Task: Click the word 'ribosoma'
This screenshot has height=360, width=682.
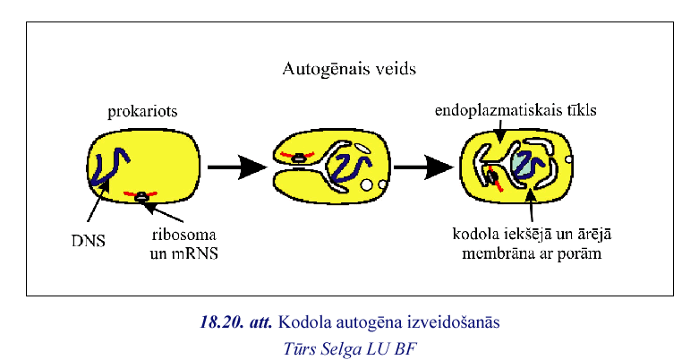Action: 183,236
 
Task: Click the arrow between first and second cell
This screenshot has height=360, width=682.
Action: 236,167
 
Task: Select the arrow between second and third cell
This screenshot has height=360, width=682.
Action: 425,167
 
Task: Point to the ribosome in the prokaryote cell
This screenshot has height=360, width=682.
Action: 141,194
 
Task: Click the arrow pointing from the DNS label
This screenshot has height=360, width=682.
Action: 92,205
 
